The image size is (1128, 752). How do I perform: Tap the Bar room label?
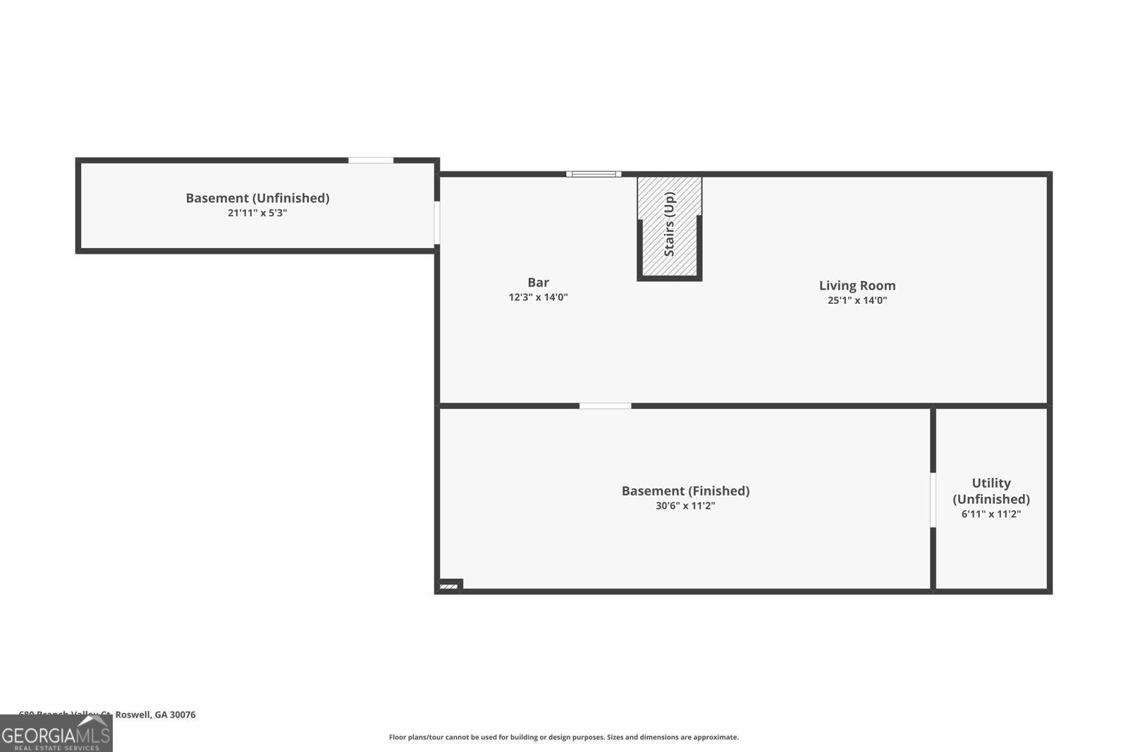point(538,283)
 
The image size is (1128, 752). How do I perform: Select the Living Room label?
point(857,285)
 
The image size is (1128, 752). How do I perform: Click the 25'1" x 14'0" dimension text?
point(857,300)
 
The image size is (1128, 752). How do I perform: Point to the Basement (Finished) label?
point(685,491)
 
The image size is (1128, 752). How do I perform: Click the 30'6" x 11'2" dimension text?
point(685,505)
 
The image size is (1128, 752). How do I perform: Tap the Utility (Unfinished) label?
point(991,491)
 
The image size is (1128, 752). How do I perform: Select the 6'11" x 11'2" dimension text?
point(991,514)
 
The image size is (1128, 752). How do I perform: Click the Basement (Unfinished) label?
point(257,198)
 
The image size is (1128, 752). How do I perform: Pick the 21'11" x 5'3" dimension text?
point(257,213)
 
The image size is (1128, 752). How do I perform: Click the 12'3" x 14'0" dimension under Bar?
point(538,297)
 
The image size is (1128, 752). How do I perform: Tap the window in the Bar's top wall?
point(593,174)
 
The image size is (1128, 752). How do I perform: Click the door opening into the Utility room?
point(933,500)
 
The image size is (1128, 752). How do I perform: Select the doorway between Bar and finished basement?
point(605,406)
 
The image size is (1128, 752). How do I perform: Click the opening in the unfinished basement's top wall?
point(371,161)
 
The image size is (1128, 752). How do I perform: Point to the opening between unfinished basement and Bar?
point(437,223)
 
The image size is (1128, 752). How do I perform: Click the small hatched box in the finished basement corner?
point(448,586)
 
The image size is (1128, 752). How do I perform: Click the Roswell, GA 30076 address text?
point(154,715)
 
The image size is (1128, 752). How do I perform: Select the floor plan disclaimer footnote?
point(563,737)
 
